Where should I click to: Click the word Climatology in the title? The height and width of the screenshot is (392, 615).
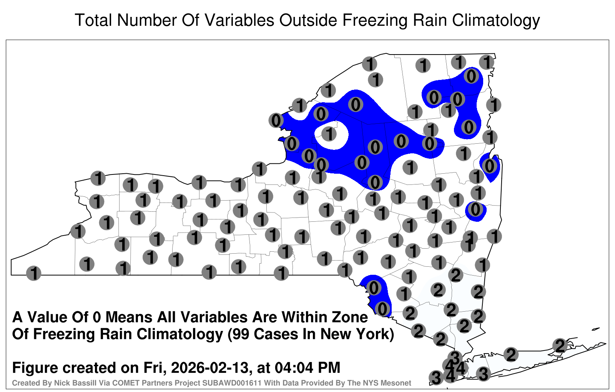[x=496, y=21]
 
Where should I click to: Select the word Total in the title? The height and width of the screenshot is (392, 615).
[x=93, y=20]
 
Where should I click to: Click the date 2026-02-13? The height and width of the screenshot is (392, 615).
[x=209, y=368]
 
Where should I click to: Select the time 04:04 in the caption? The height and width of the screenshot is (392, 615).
[x=294, y=368]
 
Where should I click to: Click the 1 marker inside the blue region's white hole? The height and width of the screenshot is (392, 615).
[x=329, y=134]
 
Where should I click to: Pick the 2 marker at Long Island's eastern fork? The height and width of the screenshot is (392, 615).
[x=560, y=345]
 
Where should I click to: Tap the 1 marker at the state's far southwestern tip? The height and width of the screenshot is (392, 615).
[x=33, y=273]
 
